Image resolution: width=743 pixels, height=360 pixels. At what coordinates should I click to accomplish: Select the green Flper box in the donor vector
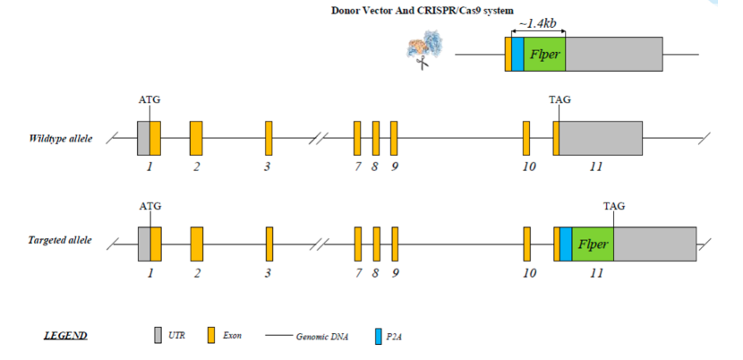[x=543, y=55]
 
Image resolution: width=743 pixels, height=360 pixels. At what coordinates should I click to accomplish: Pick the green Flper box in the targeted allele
[x=593, y=244]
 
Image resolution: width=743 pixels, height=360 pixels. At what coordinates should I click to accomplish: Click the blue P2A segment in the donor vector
[x=517, y=55]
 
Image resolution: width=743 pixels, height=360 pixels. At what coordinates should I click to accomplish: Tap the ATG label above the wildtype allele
[x=149, y=100]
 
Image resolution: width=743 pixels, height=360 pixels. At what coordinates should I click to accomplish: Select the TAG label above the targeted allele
[x=614, y=206]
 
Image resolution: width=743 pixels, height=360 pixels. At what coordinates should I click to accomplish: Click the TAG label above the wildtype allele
[x=560, y=100]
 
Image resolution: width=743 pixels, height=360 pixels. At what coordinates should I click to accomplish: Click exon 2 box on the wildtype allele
[x=196, y=139]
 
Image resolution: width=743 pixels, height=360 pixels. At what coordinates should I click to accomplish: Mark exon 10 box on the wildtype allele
[x=526, y=139]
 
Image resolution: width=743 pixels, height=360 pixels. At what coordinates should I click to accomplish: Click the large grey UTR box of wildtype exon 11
[x=601, y=139]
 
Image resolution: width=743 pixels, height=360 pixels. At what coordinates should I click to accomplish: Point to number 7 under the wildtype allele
[x=357, y=167]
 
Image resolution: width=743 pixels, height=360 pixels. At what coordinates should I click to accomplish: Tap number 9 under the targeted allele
[x=395, y=272]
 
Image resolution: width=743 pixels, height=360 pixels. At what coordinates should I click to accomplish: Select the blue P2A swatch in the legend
[x=378, y=336]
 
